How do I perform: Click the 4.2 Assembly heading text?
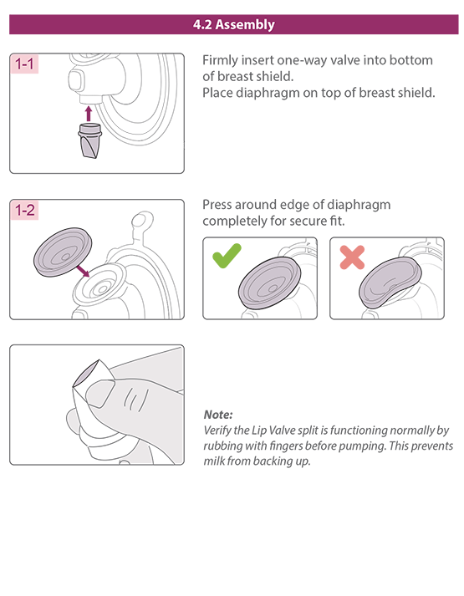pos(233,24)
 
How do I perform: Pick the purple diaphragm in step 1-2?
pos(58,252)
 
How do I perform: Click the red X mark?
pos(352,257)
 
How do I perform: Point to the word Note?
pos(218,415)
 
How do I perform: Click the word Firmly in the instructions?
pos(222,60)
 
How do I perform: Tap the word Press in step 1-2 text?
pos(220,205)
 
